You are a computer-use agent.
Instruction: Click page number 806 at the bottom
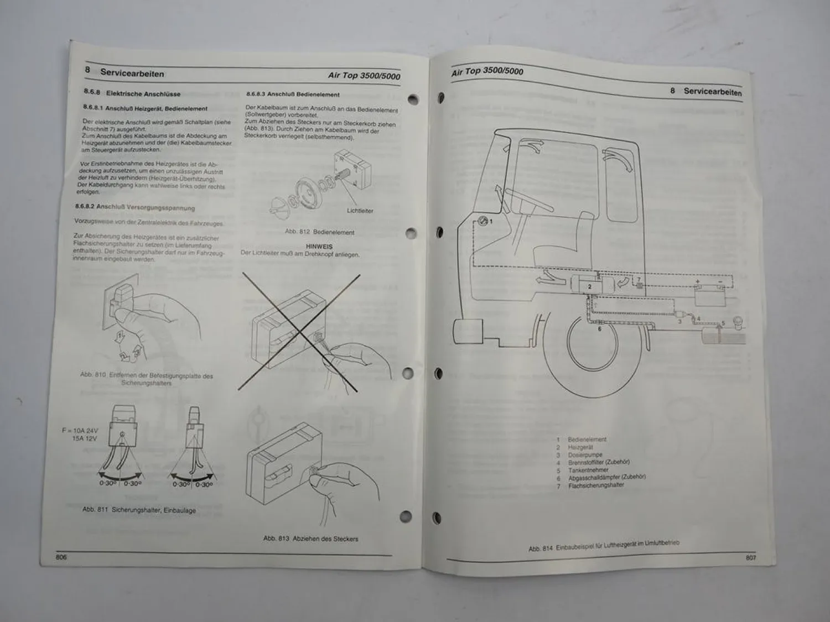pos(61,557)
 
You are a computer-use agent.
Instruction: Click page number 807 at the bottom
pos(750,558)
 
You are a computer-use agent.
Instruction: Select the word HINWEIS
pos(319,247)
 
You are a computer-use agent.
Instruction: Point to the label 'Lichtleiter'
pos(360,211)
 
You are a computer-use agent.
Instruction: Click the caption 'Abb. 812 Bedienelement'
pos(319,232)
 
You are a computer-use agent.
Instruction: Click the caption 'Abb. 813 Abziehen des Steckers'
pos(310,539)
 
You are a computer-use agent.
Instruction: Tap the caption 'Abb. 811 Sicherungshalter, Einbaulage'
pos(139,510)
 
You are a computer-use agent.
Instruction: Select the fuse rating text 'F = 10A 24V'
pos(80,431)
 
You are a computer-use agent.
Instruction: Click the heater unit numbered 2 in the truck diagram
pos(590,285)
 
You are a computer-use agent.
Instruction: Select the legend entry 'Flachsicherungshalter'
pos(596,485)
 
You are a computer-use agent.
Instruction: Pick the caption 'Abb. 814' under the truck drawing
pos(603,546)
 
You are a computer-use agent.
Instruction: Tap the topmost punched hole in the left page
pos(412,100)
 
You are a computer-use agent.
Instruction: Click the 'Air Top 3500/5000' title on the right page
pos(487,71)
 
